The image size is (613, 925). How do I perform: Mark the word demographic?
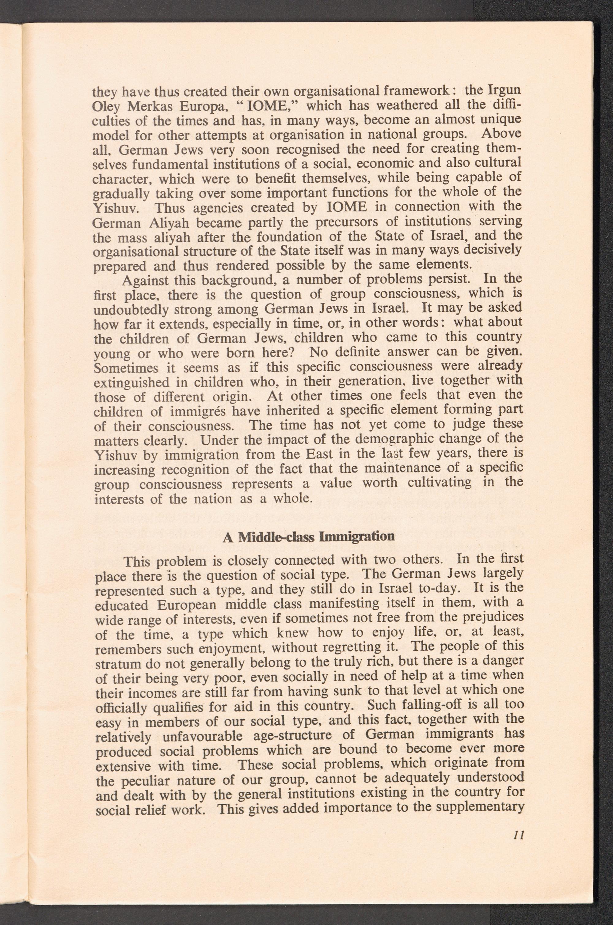click(x=394, y=440)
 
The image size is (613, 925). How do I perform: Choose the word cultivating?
click(x=439, y=483)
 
